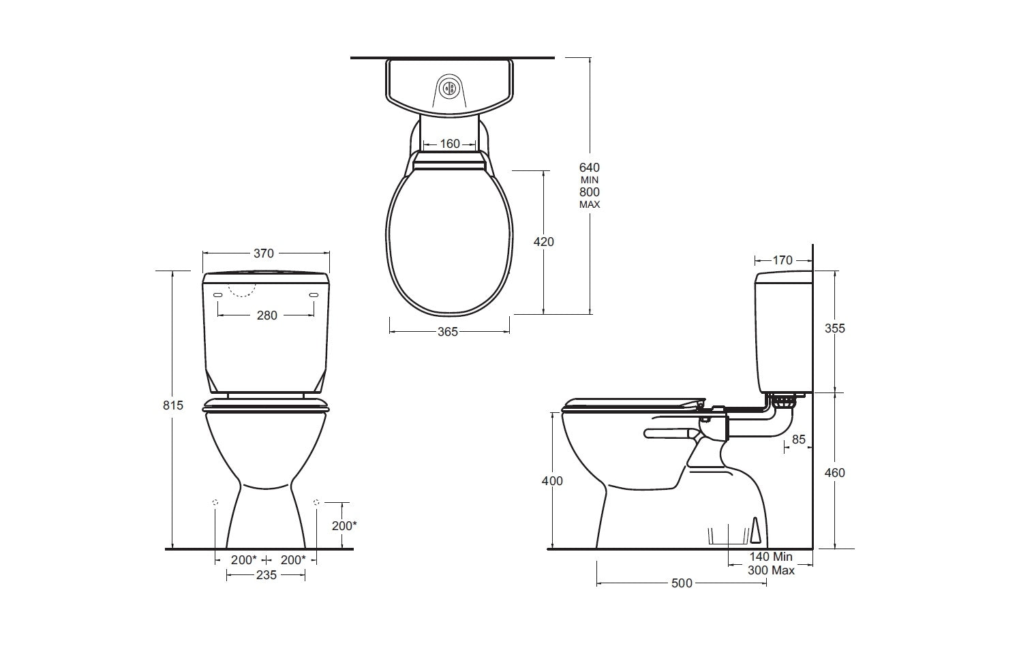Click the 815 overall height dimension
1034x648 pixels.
click(x=173, y=405)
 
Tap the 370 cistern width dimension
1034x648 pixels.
click(x=264, y=253)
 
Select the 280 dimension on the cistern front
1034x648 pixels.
click(x=267, y=315)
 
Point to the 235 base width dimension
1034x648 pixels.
click(x=267, y=575)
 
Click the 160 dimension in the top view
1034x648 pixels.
click(x=450, y=144)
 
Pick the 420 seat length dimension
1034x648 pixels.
click(x=543, y=242)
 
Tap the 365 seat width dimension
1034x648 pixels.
click(x=448, y=332)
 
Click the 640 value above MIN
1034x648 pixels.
click(x=590, y=168)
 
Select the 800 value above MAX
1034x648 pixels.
click(x=590, y=192)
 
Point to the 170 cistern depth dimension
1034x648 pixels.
click(x=782, y=260)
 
